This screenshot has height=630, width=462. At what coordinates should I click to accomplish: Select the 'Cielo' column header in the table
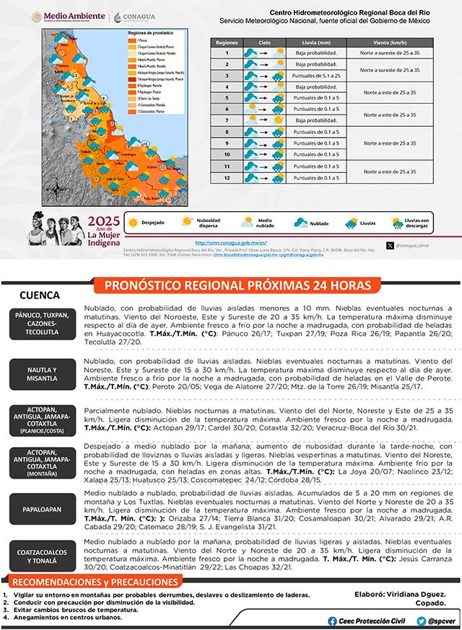[x=264, y=43]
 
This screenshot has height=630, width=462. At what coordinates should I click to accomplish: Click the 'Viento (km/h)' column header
[x=391, y=43]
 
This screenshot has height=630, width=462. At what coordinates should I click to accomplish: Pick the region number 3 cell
[x=227, y=75]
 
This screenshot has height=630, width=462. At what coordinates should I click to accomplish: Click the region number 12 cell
[x=227, y=177]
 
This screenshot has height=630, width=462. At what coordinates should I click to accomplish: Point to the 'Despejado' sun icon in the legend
[x=133, y=223]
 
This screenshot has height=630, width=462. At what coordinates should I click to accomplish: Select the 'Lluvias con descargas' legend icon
[x=397, y=223]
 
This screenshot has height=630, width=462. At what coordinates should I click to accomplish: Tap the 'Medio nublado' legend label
[x=266, y=223]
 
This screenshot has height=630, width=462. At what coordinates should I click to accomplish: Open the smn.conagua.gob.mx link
[x=231, y=243]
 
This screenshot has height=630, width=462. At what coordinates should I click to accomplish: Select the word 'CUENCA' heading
[x=40, y=296]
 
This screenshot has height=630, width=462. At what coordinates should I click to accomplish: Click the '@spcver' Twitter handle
[x=435, y=621]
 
